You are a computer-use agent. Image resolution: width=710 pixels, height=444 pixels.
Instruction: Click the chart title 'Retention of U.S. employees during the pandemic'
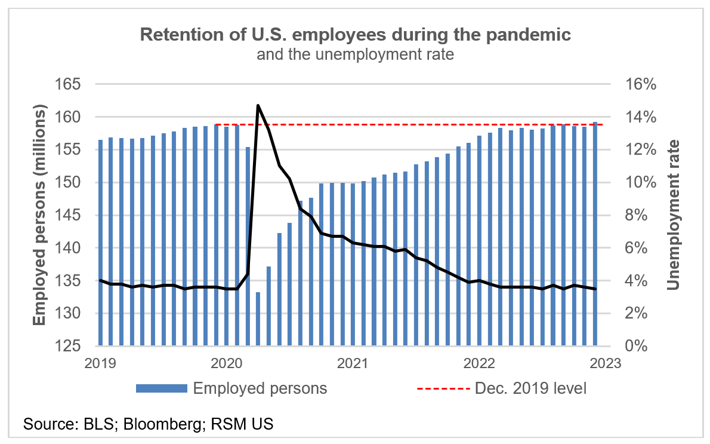click(x=355, y=34)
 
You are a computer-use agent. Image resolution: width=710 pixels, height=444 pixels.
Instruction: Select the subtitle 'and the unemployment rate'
click(x=355, y=55)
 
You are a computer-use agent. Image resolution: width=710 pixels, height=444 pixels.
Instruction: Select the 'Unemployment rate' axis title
click(x=674, y=215)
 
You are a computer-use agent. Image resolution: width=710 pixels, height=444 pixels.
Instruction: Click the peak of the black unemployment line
click(x=258, y=106)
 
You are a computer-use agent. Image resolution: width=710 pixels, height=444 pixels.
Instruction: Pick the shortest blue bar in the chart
click(x=258, y=319)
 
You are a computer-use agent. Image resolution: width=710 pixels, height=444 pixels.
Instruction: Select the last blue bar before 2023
click(x=595, y=233)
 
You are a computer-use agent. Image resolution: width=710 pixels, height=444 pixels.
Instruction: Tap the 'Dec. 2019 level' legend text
click(x=530, y=388)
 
